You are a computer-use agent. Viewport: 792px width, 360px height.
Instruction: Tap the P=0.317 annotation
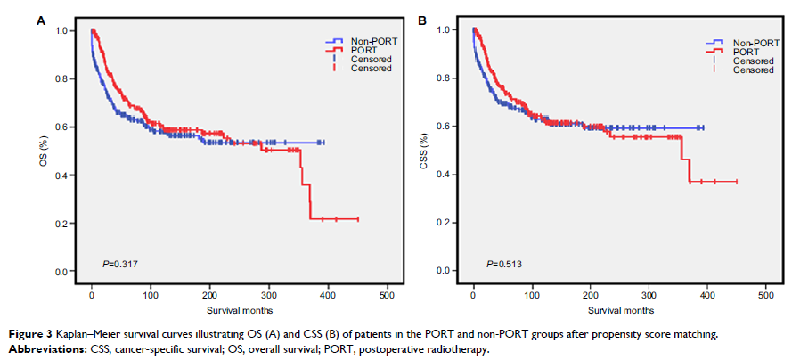118,265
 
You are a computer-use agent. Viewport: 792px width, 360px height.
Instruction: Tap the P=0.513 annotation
501,265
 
